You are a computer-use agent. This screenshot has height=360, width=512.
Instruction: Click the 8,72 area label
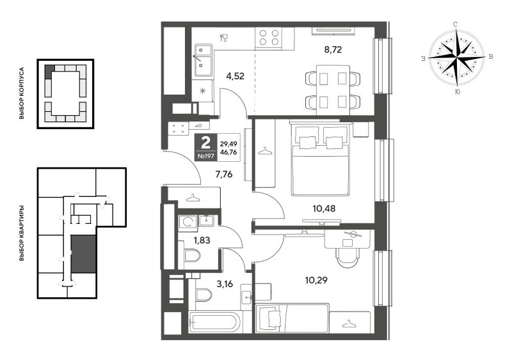point(333,50)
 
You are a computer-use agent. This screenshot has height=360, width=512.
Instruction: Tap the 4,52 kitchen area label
point(235,76)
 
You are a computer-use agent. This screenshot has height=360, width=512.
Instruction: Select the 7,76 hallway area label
point(223,175)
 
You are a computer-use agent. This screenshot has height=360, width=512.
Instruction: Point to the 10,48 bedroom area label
point(324,208)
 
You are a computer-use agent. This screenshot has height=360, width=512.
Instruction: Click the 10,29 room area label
point(316,280)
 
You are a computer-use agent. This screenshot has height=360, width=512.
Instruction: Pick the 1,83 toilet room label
point(202,240)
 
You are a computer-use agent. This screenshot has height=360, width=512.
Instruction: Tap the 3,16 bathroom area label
point(225,284)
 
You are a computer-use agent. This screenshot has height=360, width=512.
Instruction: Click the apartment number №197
point(205,156)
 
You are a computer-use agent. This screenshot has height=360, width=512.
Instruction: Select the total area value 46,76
point(228,152)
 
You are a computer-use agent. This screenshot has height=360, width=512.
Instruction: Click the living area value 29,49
point(228,144)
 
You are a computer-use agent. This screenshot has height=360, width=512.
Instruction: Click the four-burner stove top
point(268,37)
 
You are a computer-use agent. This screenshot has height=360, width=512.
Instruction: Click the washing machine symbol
point(188,223)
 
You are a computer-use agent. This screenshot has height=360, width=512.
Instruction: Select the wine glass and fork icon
point(223,38)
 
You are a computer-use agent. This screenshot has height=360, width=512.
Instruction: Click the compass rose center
point(456,58)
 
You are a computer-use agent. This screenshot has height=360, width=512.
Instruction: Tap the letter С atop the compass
point(455,24)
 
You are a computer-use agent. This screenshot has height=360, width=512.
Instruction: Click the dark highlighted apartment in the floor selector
point(84,254)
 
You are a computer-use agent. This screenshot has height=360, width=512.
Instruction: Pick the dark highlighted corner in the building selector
point(49,71)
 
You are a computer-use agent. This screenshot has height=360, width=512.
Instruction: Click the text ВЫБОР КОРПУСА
point(22,93)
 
